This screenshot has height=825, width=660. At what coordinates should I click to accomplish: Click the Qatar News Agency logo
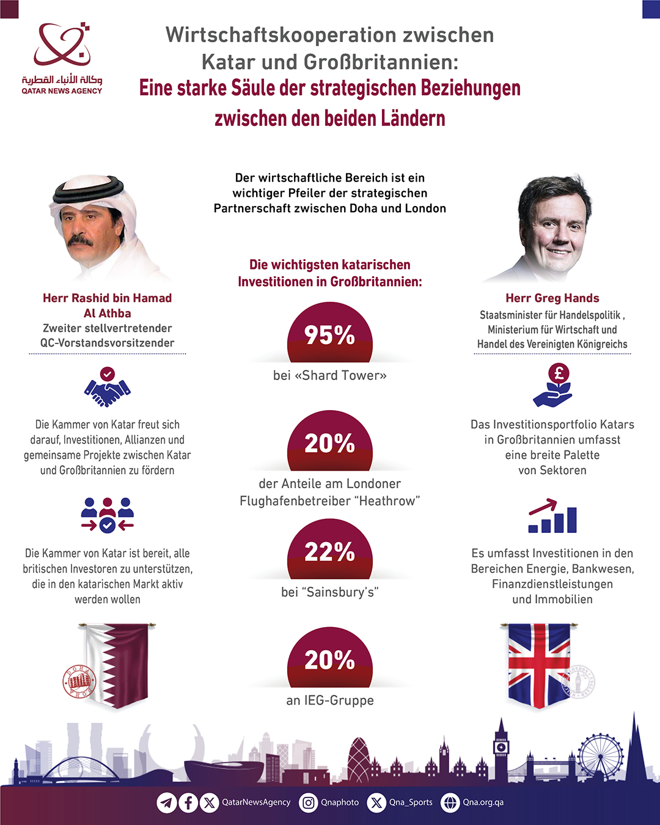(62, 58)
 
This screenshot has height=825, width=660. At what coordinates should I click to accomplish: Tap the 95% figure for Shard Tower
(329, 335)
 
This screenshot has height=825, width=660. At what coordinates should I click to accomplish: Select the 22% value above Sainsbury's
(329, 552)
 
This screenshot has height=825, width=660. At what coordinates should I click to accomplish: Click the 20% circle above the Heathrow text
(329, 443)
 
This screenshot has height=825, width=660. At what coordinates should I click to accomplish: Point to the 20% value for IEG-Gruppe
(329, 660)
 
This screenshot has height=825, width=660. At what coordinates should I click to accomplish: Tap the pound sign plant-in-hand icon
(553, 386)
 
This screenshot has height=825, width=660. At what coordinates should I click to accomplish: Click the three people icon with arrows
(108, 515)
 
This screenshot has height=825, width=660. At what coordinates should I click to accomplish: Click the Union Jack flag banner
(539, 665)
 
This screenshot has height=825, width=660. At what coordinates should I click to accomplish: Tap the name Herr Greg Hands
(552, 298)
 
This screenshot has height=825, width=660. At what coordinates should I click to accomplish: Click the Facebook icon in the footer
(188, 802)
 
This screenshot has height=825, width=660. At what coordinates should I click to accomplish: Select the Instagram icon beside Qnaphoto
(309, 802)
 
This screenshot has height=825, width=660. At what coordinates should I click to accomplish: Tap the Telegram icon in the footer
(166, 802)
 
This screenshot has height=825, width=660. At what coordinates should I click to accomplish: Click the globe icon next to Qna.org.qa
(450, 802)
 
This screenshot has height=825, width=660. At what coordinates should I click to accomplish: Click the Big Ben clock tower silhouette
(501, 749)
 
